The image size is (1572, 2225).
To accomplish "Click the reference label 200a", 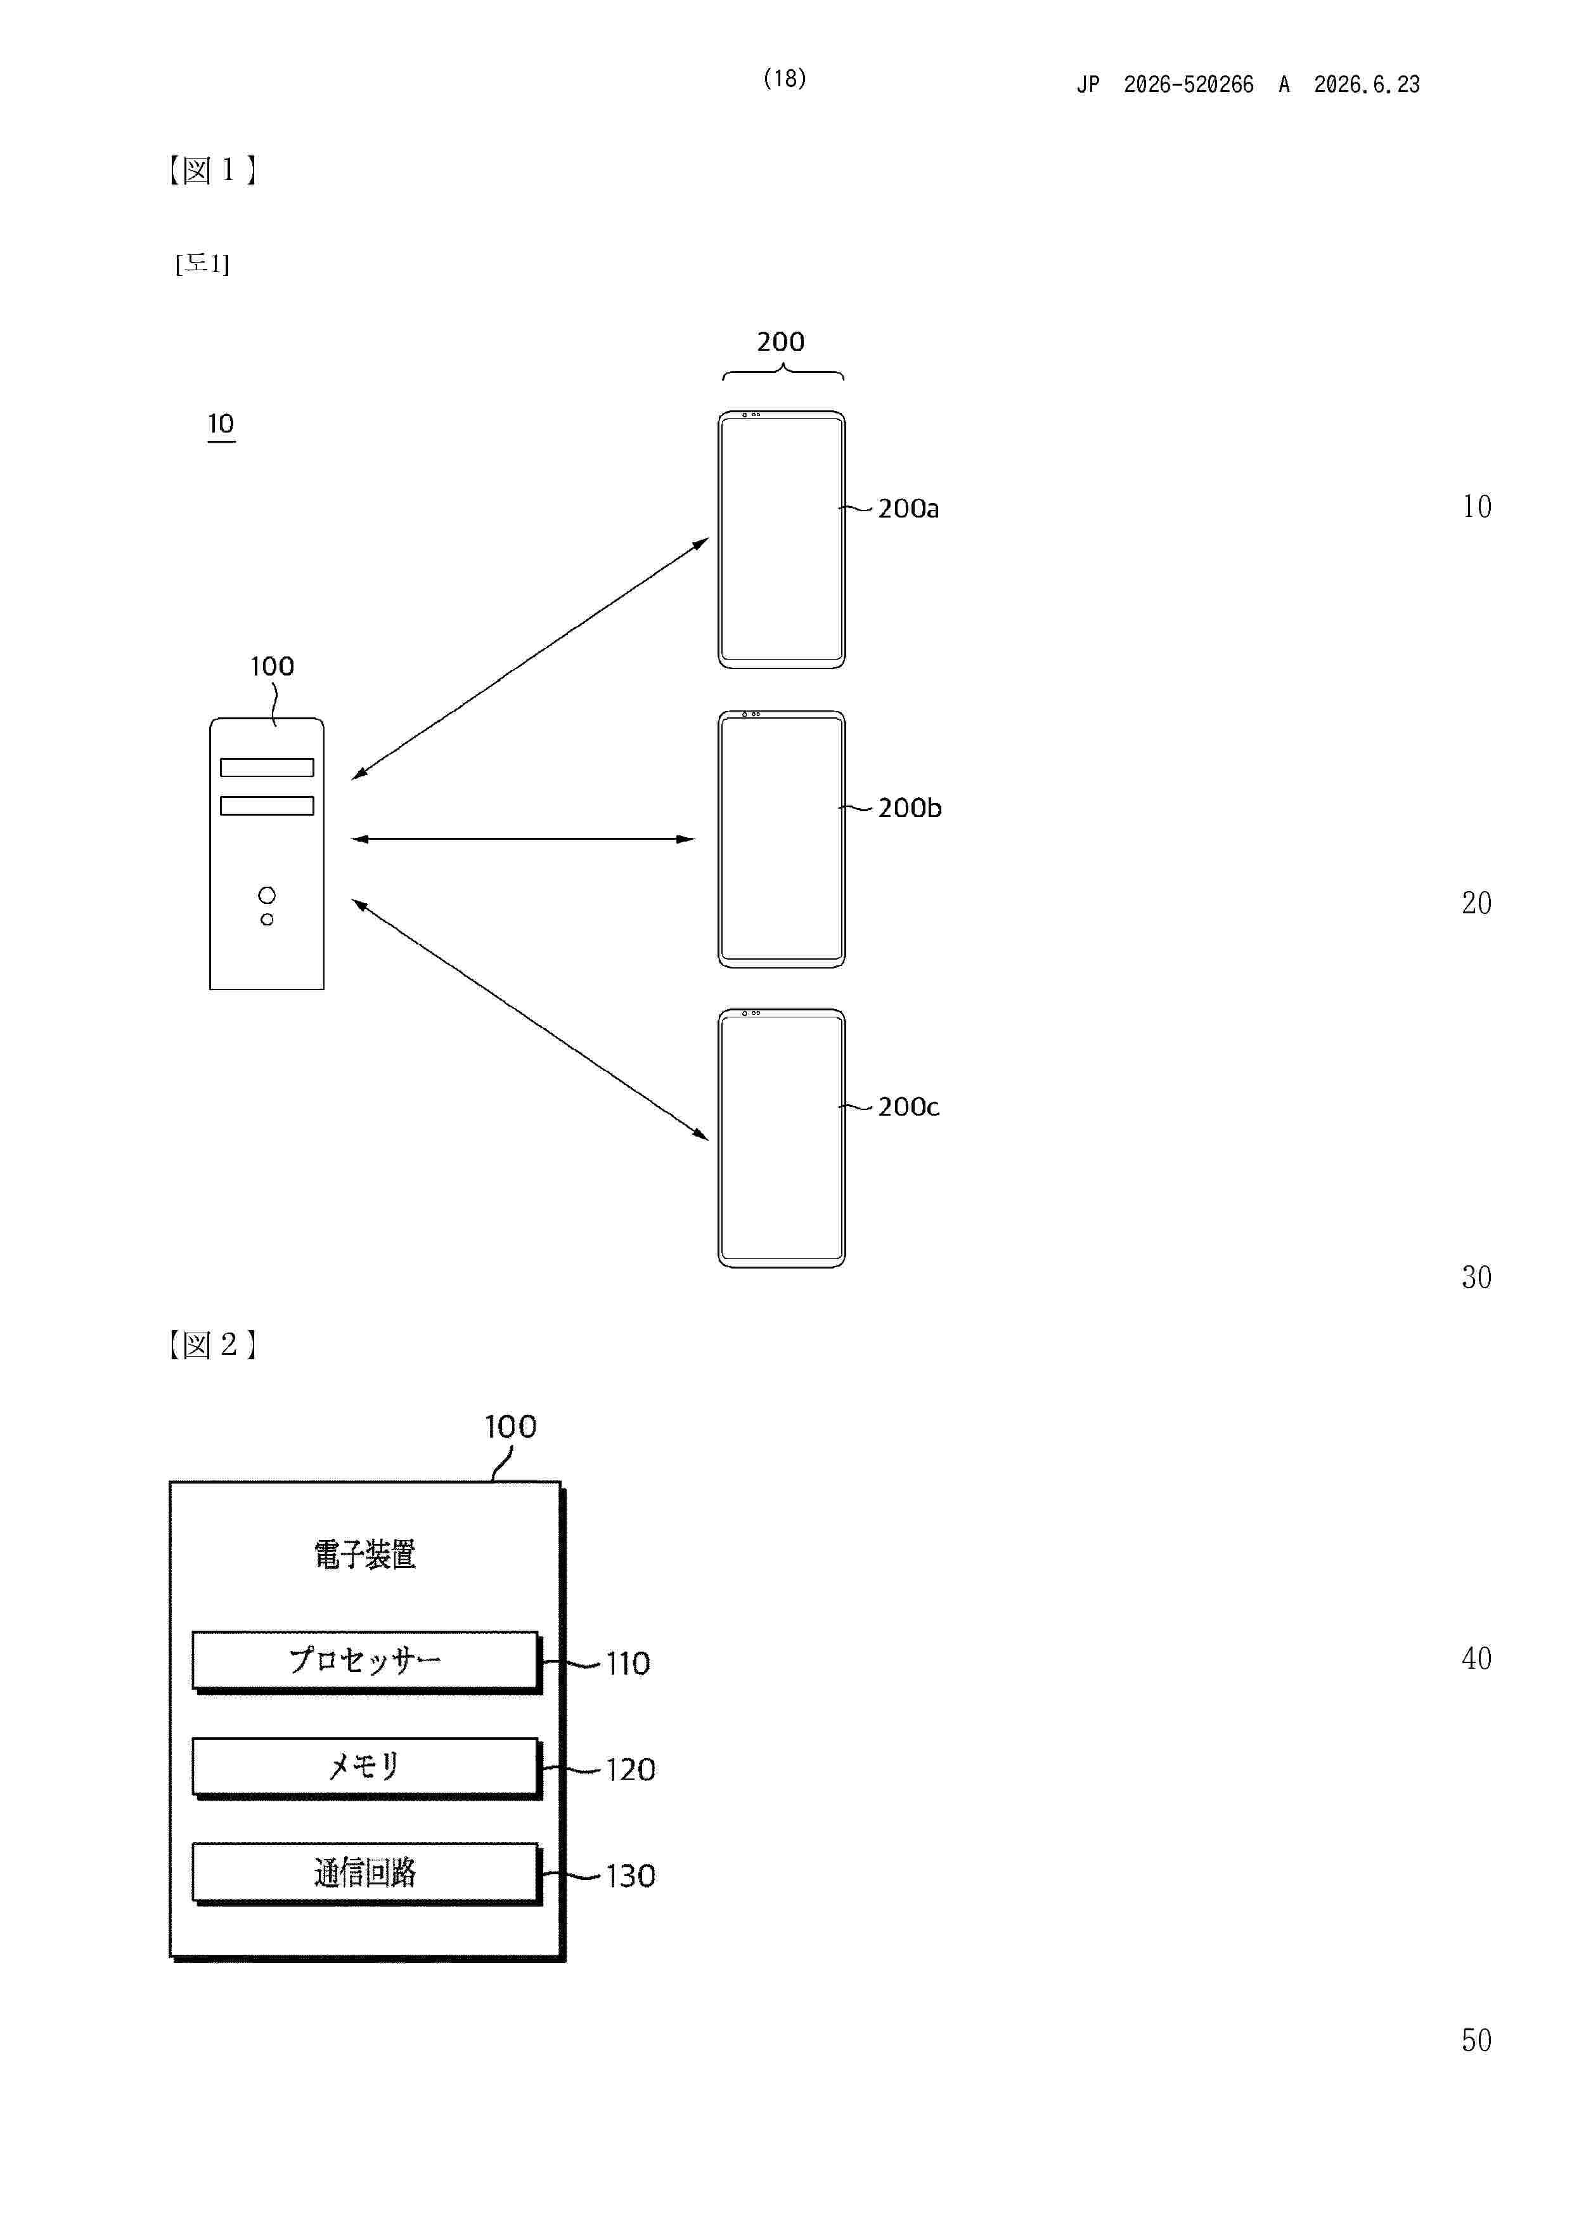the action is coord(908,509).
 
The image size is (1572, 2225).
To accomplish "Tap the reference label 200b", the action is coord(910,808).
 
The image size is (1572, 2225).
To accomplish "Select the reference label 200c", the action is coord(908,1107).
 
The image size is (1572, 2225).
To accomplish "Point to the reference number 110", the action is coord(628,1664).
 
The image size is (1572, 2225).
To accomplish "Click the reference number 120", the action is coord(631,1770).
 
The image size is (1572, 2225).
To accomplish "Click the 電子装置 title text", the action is coord(365,1555).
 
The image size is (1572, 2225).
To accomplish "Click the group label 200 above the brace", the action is coord(781,341).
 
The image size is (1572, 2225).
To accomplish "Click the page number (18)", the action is coord(785,79).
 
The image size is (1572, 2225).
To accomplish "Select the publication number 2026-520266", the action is coord(1189,85).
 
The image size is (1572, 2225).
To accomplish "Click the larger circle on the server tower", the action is coord(267,894).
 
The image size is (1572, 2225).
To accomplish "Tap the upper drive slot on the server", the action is coord(267,767).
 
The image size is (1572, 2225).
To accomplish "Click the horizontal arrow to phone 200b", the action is coord(523,839).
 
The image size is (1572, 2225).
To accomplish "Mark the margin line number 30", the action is coord(1476,1277).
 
